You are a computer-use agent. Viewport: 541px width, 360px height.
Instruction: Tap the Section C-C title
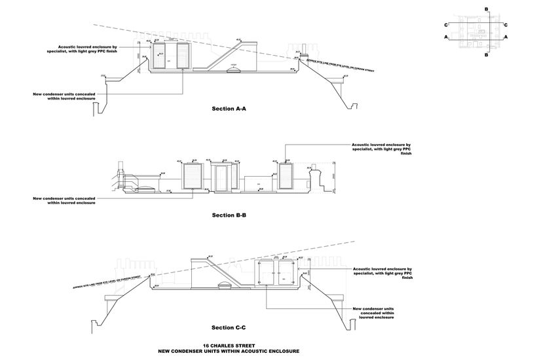click(x=229, y=327)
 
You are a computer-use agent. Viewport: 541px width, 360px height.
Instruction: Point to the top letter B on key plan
click(x=486, y=9)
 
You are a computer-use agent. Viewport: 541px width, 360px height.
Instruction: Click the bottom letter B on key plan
click(x=486, y=56)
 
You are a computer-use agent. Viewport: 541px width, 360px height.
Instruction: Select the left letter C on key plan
click(x=446, y=25)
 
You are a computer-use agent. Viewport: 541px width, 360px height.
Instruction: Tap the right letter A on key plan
click(x=506, y=38)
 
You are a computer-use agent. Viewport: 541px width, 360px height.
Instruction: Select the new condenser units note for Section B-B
click(x=64, y=200)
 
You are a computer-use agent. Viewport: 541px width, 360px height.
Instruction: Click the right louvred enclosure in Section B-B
click(x=285, y=177)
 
